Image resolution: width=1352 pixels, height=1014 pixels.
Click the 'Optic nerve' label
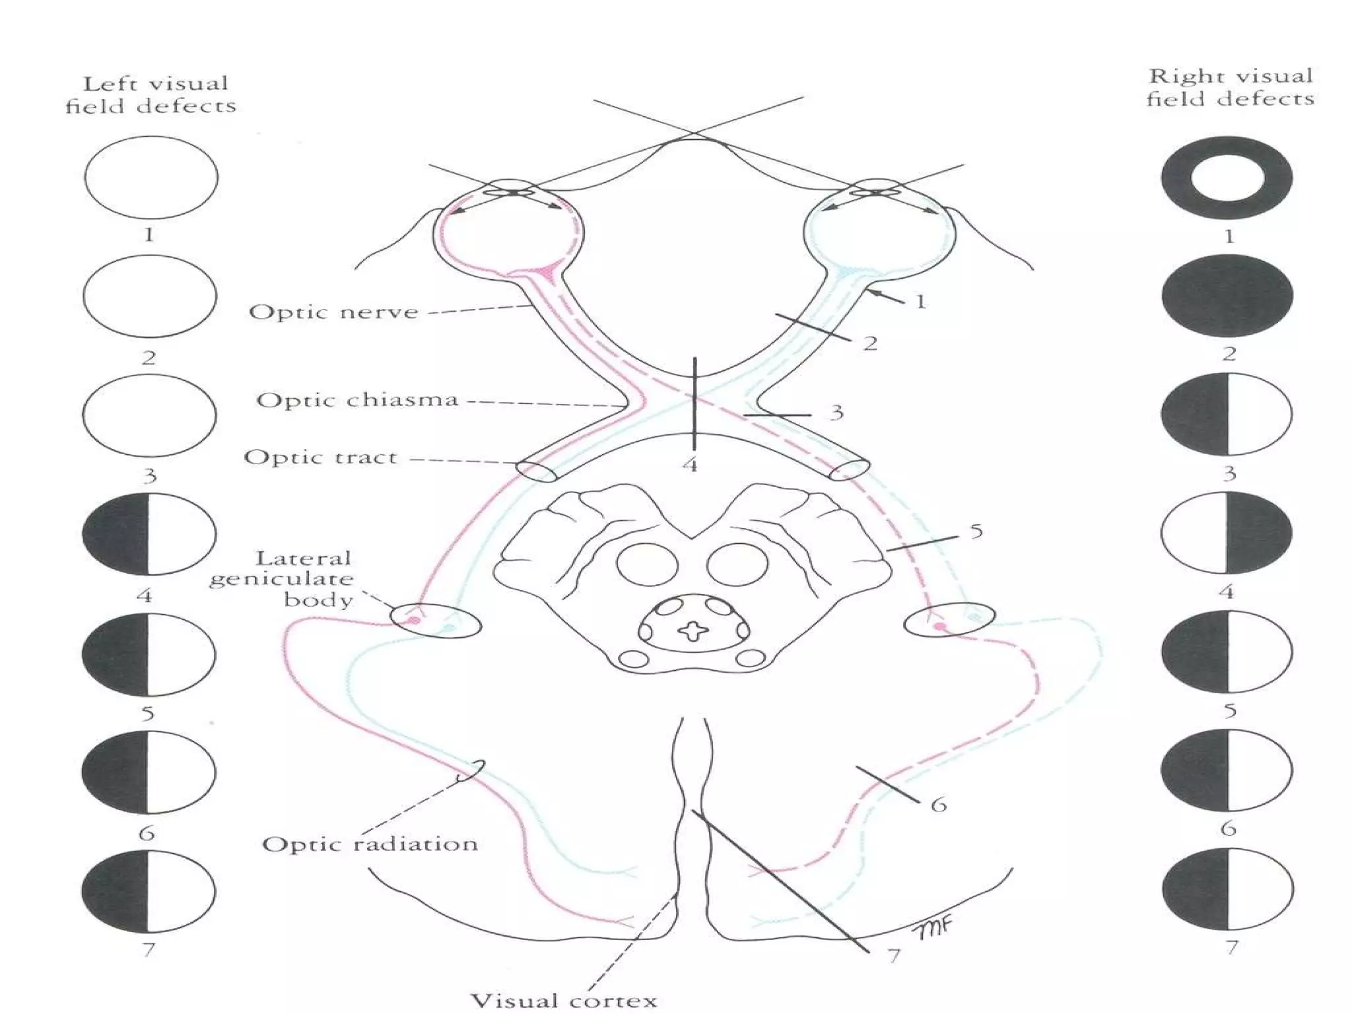333,312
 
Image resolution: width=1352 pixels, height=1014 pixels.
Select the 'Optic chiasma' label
357,400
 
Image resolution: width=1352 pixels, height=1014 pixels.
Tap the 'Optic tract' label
321,457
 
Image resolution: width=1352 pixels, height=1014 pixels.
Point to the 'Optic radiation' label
370,844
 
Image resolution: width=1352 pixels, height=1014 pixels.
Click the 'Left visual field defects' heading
151,94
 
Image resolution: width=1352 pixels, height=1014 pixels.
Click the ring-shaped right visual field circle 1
1227,178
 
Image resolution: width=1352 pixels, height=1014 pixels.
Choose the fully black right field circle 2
1227,296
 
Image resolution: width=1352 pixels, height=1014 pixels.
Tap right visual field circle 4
1227,532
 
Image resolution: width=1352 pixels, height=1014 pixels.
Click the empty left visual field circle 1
151,178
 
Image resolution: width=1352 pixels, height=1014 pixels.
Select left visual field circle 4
149,533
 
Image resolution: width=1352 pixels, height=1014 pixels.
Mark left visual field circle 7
149,891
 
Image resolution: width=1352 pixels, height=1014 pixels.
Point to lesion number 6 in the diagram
938,805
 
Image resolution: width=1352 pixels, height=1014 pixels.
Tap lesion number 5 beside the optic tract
976,531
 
